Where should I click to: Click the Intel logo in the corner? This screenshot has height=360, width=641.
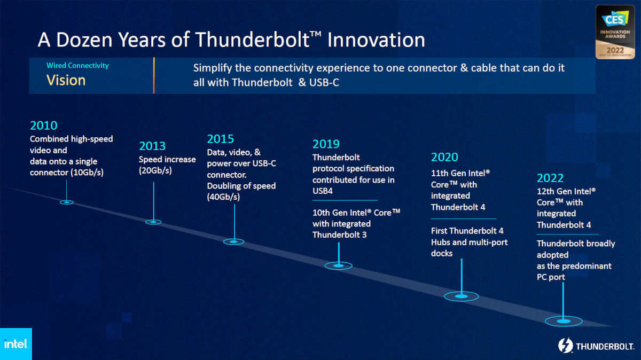click(x=16, y=343)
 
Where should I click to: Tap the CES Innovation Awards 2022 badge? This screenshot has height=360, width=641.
click(x=615, y=32)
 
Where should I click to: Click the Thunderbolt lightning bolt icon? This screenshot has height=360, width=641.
click(x=566, y=346)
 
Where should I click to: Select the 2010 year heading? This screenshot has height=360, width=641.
click(x=44, y=126)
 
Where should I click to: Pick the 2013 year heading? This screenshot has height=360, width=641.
click(x=152, y=146)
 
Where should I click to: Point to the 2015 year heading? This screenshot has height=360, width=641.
click(x=220, y=139)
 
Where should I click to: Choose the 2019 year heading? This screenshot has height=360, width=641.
click(x=326, y=144)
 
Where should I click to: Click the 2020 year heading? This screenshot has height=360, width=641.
click(x=444, y=157)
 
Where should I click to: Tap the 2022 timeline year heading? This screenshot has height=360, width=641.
click(x=550, y=178)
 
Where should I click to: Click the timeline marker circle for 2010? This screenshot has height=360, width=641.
click(x=67, y=202)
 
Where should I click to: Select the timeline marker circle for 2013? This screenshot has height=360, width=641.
click(x=153, y=222)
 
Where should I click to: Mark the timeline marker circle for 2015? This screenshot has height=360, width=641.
click(x=234, y=242)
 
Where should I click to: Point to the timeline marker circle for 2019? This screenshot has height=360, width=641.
click(x=339, y=265)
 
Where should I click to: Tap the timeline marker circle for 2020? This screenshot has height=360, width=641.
click(x=462, y=296)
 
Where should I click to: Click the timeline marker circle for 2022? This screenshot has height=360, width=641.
click(x=564, y=321)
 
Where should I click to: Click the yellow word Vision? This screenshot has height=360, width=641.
click(x=66, y=80)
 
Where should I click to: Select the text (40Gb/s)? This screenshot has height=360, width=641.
click(x=223, y=197)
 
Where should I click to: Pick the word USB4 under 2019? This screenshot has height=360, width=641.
click(x=323, y=191)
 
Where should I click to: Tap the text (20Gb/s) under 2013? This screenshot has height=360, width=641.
click(x=155, y=171)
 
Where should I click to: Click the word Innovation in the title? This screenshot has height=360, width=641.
click(x=376, y=40)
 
